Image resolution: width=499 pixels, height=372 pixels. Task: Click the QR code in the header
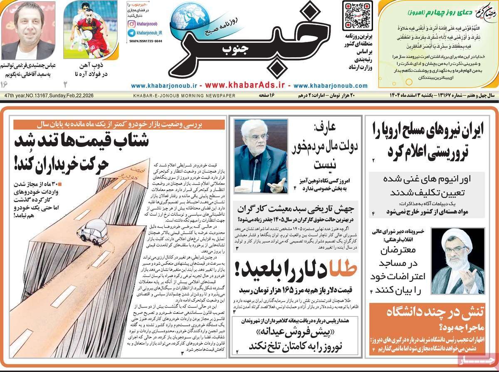357,15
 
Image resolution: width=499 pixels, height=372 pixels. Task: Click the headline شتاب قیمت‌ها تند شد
81,141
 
